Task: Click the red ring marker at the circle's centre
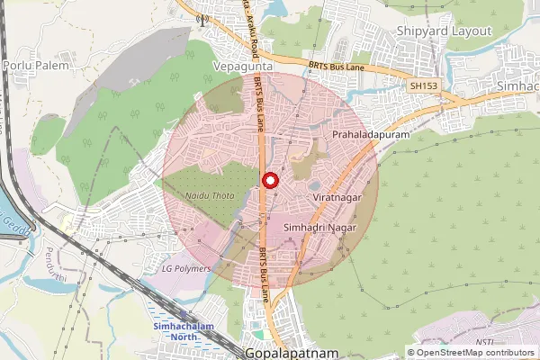tap(270, 181)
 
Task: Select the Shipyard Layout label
tap(445, 31)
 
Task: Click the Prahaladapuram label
tap(365, 134)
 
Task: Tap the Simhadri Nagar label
tap(321, 229)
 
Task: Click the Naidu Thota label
tap(209, 194)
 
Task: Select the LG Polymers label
tap(186, 268)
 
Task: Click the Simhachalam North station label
tap(175, 331)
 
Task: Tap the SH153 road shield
tap(421, 85)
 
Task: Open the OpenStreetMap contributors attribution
tap(474, 353)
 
